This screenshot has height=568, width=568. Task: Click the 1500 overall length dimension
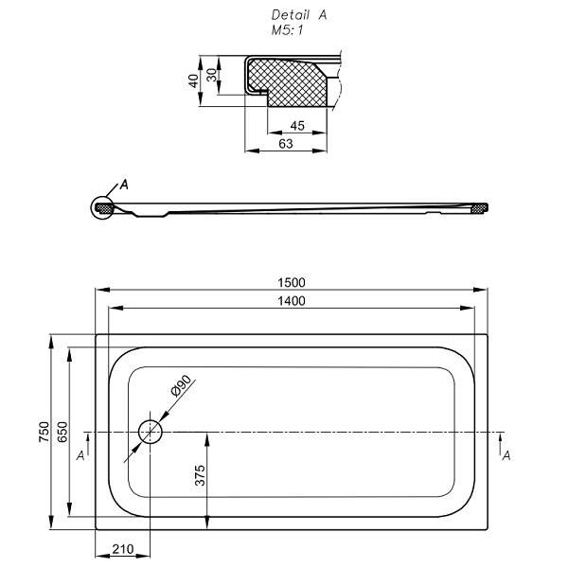click(x=292, y=282)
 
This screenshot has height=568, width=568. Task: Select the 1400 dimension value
click(x=292, y=301)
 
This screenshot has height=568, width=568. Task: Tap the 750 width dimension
click(x=44, y=432)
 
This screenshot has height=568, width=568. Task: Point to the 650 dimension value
click(x=62, y=432)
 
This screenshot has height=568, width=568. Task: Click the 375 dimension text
click(x=200, y=475)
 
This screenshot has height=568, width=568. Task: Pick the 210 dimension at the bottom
click(x=123, y=549)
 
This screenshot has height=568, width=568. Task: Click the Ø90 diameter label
click(x=181, y=386)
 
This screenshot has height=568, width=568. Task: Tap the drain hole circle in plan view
click(x=150, y=432)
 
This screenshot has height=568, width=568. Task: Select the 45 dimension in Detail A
click(x=297, y=126)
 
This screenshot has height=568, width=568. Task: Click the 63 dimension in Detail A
click(x=286, y=144)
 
